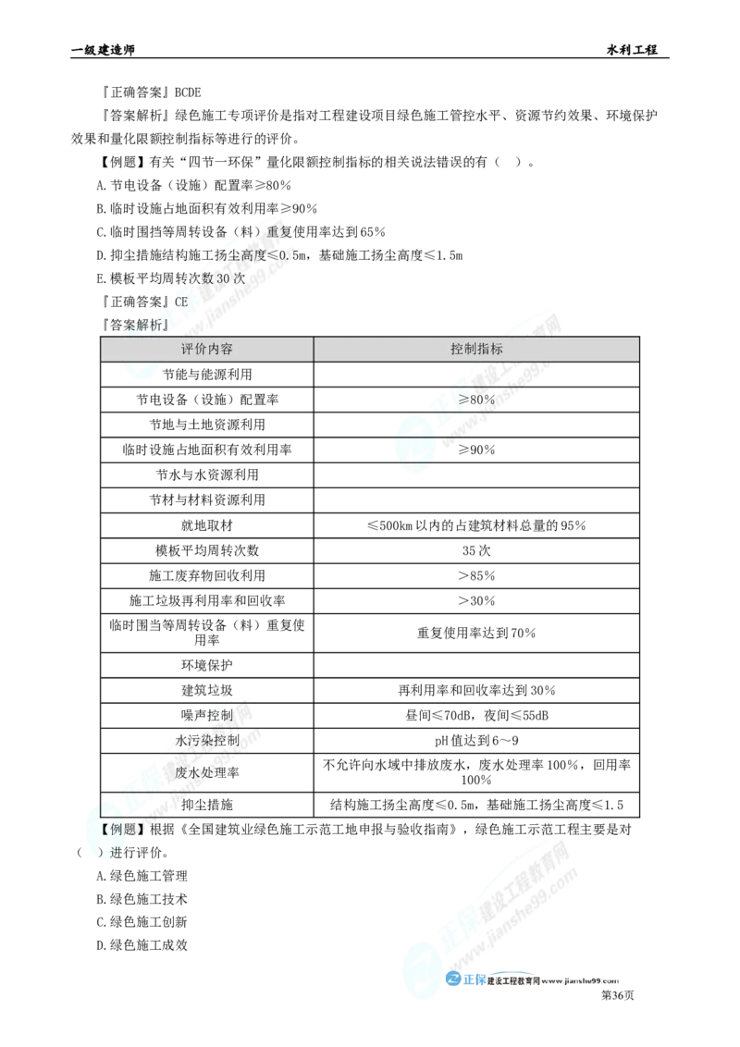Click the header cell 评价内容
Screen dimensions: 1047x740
pyautogui.click(x=206, y=349)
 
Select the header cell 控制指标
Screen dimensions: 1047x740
pyautogui.click(x=476, y=349)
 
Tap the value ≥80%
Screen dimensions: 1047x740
pyautogui.click(x=477, y=400)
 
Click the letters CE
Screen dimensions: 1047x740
pyautogui.click(x=179, y=302)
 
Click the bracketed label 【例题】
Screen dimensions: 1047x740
pyautogui.click(x=120, y=829)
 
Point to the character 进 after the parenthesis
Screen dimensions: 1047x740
pyautogui.click(x=116, y=852)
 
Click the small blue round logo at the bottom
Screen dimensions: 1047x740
pyautogui.click(x=453, y=979)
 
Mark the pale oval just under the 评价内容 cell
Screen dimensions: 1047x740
pyautogui.click(x=143, y=370)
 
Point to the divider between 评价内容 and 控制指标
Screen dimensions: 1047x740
pyautogui.click(x=314, y=349)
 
